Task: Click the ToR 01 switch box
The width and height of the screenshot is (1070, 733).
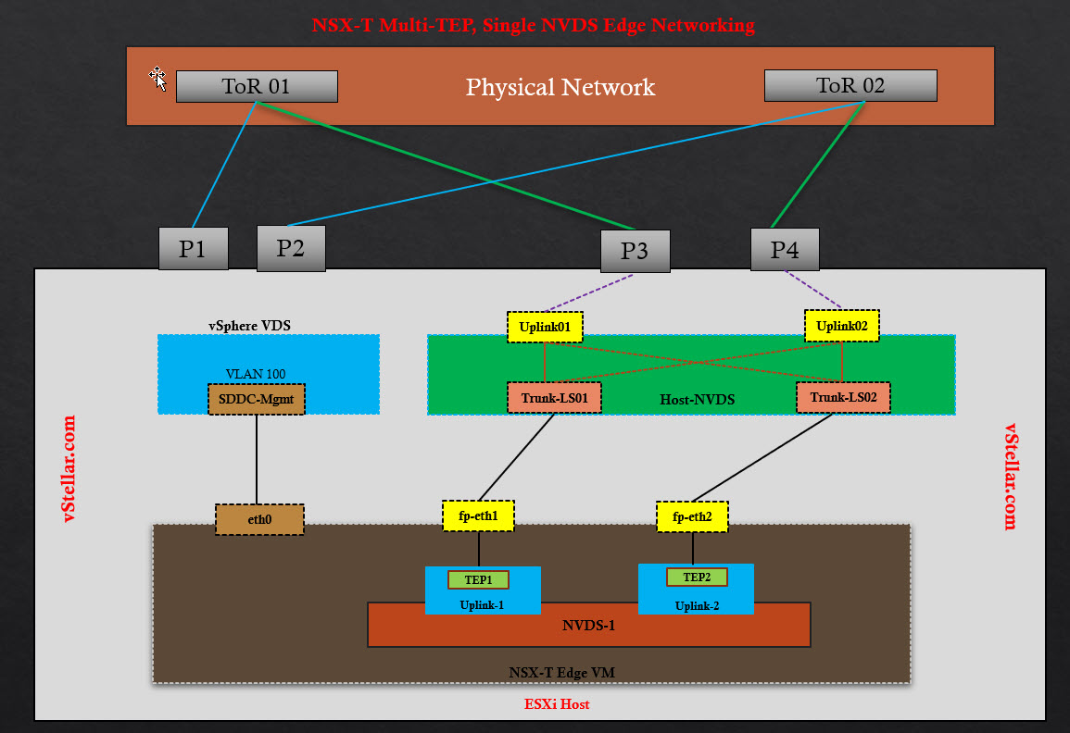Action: pyautogui.click(x=257, y=87)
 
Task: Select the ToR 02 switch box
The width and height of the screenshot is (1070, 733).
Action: pyautogui.click(x=850, y=86)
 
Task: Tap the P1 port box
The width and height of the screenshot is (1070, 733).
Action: pyautogui.click(x=193, y=249)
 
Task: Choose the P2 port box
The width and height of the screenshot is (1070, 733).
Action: pyautogui.click(x=291, y=248)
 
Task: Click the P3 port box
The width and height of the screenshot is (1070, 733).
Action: pyautogui.click(x=635, y=252)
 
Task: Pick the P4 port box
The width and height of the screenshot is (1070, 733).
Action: pyautogui.click(x=785, y=250)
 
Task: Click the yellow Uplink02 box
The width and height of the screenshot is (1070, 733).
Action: pyautogui.click(x=842, y=326)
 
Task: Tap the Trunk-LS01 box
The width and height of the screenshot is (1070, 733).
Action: pyautogui.click(x=554, y=398)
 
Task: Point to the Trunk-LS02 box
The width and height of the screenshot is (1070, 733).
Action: pyautogui.click(x=843, y=398)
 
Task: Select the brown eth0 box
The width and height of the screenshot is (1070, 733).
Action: pyautogui.click(x=259, y=520)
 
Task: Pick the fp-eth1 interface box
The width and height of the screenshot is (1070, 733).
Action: pyautogui.click(x=478, y=516)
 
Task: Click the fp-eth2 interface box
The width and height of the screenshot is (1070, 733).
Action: pyautogui.click(x=692, y=516)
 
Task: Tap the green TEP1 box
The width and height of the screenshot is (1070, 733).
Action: pyautogui.click(x=478, y=580)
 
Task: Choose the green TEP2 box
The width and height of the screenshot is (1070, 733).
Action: pyautogui.click(x=697, y=578)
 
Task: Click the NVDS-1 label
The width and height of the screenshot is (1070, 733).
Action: pyautogui.click(x=588, y=625)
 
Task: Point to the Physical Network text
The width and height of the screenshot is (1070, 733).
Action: pyautogui.click(x=560, y=88)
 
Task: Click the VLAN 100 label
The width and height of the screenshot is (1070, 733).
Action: pyautogui.click(x=256, y=374)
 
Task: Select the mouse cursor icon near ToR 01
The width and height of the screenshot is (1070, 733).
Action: pyautogui.click(x=159, y=80)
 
